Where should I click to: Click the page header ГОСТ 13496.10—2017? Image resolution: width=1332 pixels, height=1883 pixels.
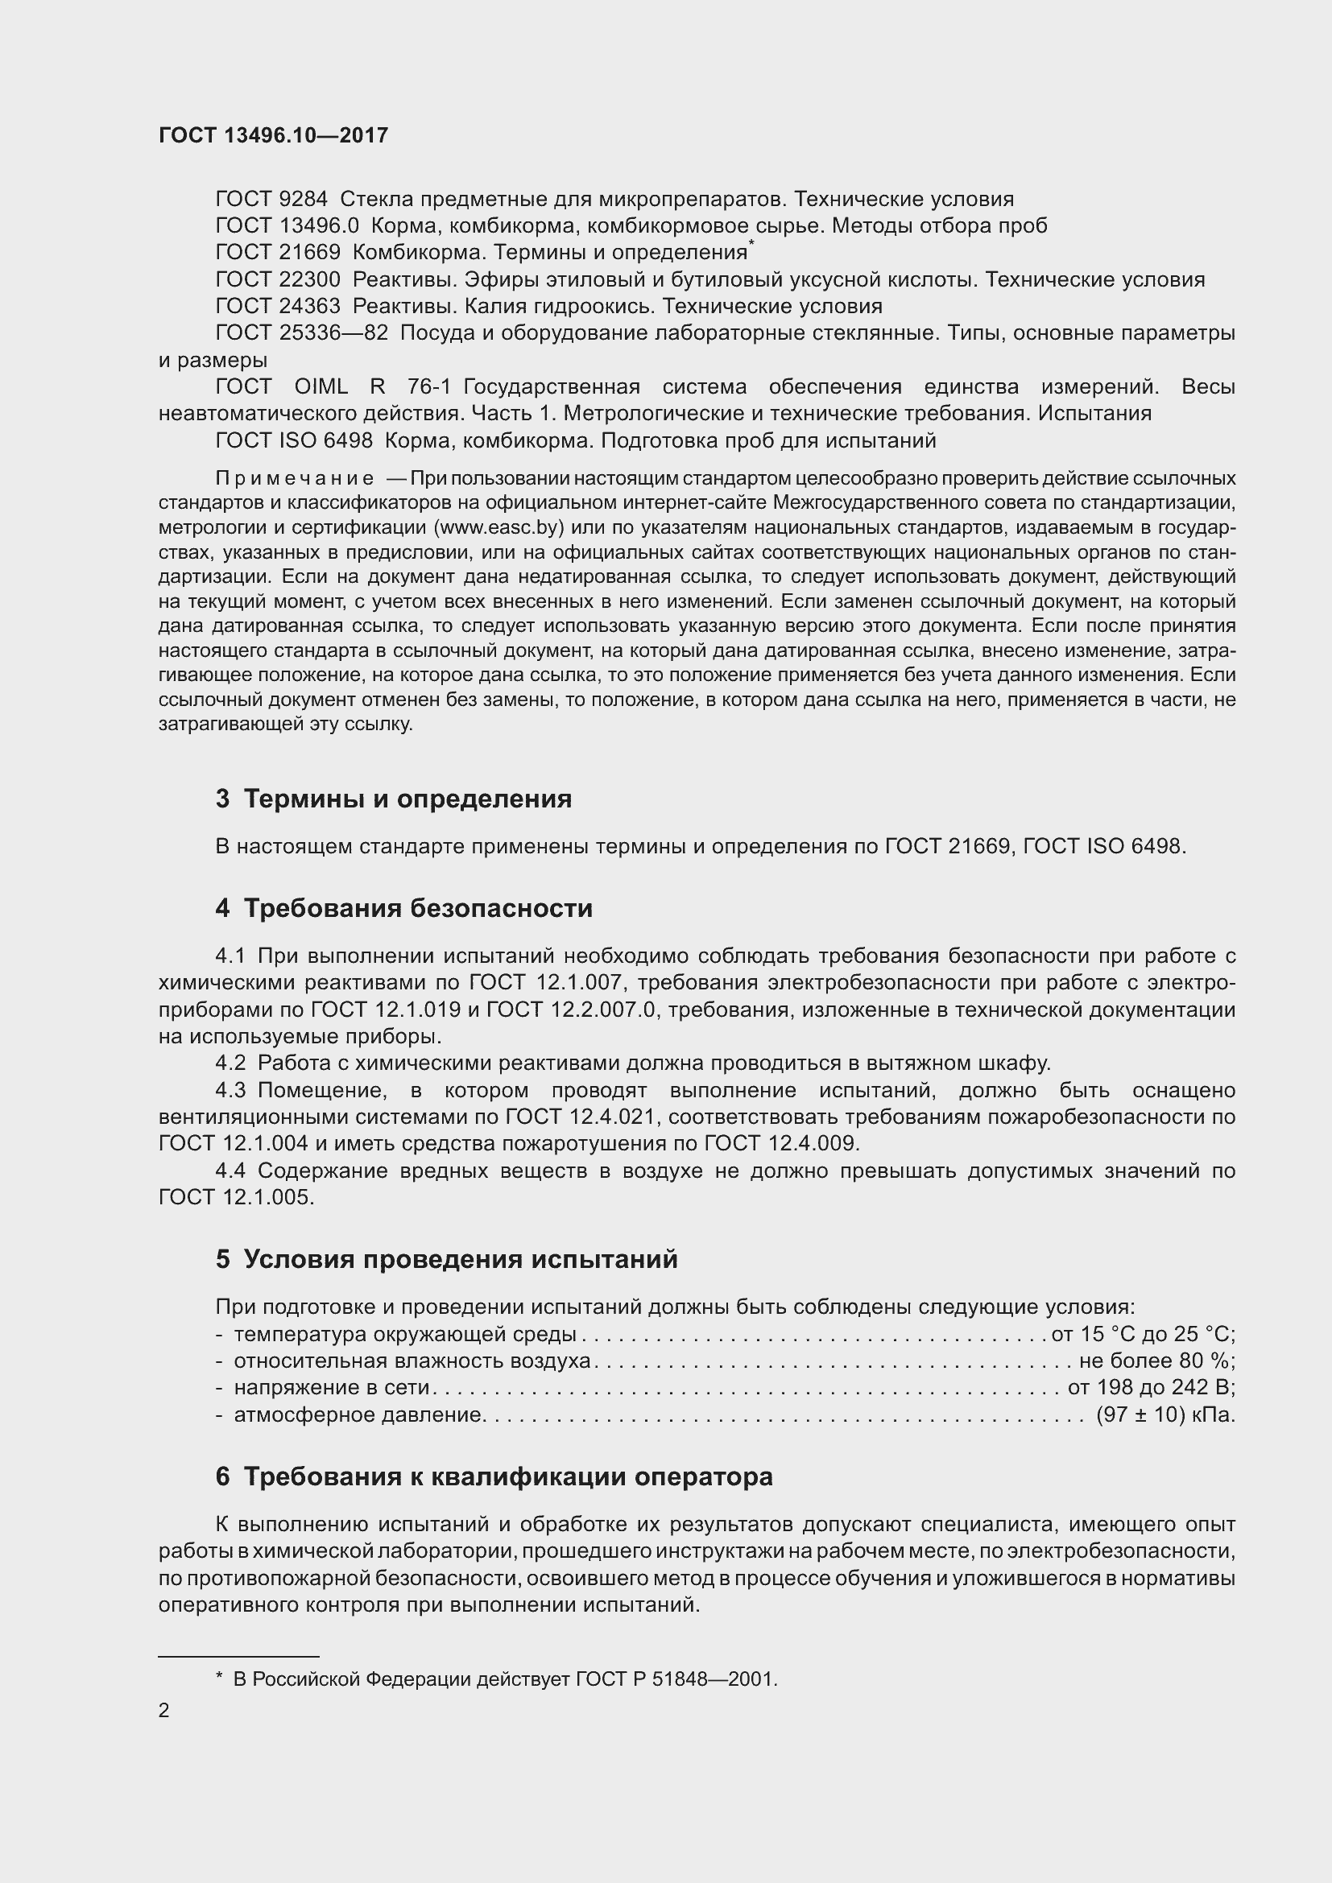(273, 135)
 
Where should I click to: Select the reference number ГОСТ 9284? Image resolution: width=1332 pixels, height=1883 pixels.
(271, 200)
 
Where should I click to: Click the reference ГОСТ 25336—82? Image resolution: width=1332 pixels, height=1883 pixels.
(301, 333)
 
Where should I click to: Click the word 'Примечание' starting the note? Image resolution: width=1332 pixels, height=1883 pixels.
(295, 478)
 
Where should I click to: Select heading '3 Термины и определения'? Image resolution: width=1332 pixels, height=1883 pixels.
(394, 799)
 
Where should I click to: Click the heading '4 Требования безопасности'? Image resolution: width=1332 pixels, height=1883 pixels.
(403, 909)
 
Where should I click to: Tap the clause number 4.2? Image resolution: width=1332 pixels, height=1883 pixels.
(230, 1063)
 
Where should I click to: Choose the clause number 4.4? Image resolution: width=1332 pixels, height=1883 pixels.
(230, 1171)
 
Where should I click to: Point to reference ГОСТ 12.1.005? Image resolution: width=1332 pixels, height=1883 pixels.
(235, 1197)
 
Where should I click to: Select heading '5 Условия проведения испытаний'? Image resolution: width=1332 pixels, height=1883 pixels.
(447, 1259)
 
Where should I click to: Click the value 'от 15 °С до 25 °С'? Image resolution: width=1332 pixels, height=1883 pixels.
(1143, 1334)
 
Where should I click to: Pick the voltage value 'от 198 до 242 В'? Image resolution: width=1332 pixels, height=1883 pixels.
(1151, 1388)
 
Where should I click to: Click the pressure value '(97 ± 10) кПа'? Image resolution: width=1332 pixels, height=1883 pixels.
(1164, 1414)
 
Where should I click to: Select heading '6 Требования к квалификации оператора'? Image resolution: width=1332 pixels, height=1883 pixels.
(494, 1477)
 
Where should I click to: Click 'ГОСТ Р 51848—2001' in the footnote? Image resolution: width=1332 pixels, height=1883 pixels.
(676, 1673)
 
